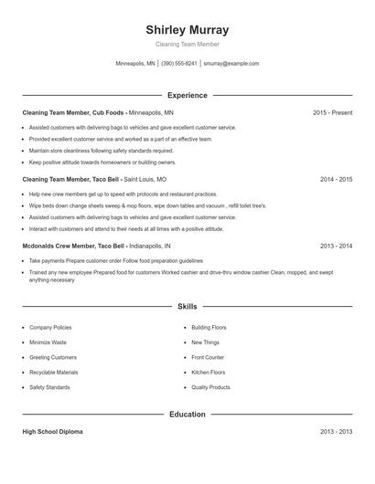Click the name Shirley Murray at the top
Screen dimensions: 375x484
click(187, 29)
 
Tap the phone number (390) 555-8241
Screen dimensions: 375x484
click(179, 64)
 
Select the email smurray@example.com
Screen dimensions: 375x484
click(231, 64)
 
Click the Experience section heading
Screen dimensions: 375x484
click(187, 95)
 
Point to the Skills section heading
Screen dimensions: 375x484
click(187, 307)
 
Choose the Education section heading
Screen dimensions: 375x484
click(187, 414)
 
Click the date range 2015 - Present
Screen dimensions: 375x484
click(332, 112)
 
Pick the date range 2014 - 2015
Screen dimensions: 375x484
click(336, 179)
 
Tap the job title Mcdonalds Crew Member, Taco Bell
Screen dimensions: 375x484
click(73, 246)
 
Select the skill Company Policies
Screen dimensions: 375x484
click(50, 327)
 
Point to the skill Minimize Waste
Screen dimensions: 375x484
click(48, 342)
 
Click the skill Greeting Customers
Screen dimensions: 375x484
click(53, 357)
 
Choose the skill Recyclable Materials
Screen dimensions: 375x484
click(54, 373)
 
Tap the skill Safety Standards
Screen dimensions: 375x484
click(49, 387)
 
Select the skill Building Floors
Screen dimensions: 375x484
click(209, 327)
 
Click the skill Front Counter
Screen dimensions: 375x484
click(208, 357)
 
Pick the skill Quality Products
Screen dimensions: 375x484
click(210, 387)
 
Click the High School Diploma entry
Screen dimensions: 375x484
click(52, 431)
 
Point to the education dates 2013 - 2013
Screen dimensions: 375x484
click(336, 431)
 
